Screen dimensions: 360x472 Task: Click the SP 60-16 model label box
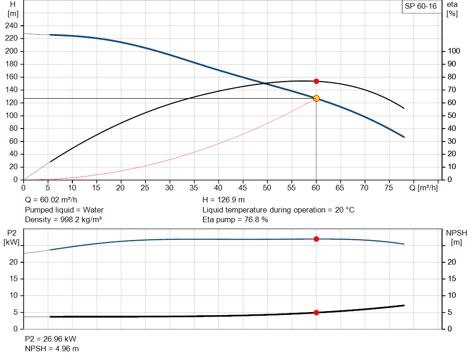click(420, 6)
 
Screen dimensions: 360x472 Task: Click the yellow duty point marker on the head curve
click(316, 98)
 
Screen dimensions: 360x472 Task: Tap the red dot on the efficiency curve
click(316, 81)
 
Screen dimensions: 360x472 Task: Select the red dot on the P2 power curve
click(316, 239)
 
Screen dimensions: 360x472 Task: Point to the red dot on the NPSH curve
click(316, 313)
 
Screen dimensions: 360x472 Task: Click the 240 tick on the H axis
click(12, 25)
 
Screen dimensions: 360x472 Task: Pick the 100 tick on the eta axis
click(454, 51)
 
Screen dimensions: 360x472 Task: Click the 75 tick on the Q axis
click(389, 188)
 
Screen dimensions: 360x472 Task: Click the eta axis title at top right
click(452, 9)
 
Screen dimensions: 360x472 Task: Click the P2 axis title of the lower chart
click(12, 237)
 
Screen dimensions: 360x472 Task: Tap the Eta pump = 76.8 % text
click(235, 219)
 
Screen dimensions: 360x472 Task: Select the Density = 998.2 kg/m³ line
click(63, 219)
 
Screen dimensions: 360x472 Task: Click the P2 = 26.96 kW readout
click(50, 339)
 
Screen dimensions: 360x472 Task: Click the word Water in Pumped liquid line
click(93, 210)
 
